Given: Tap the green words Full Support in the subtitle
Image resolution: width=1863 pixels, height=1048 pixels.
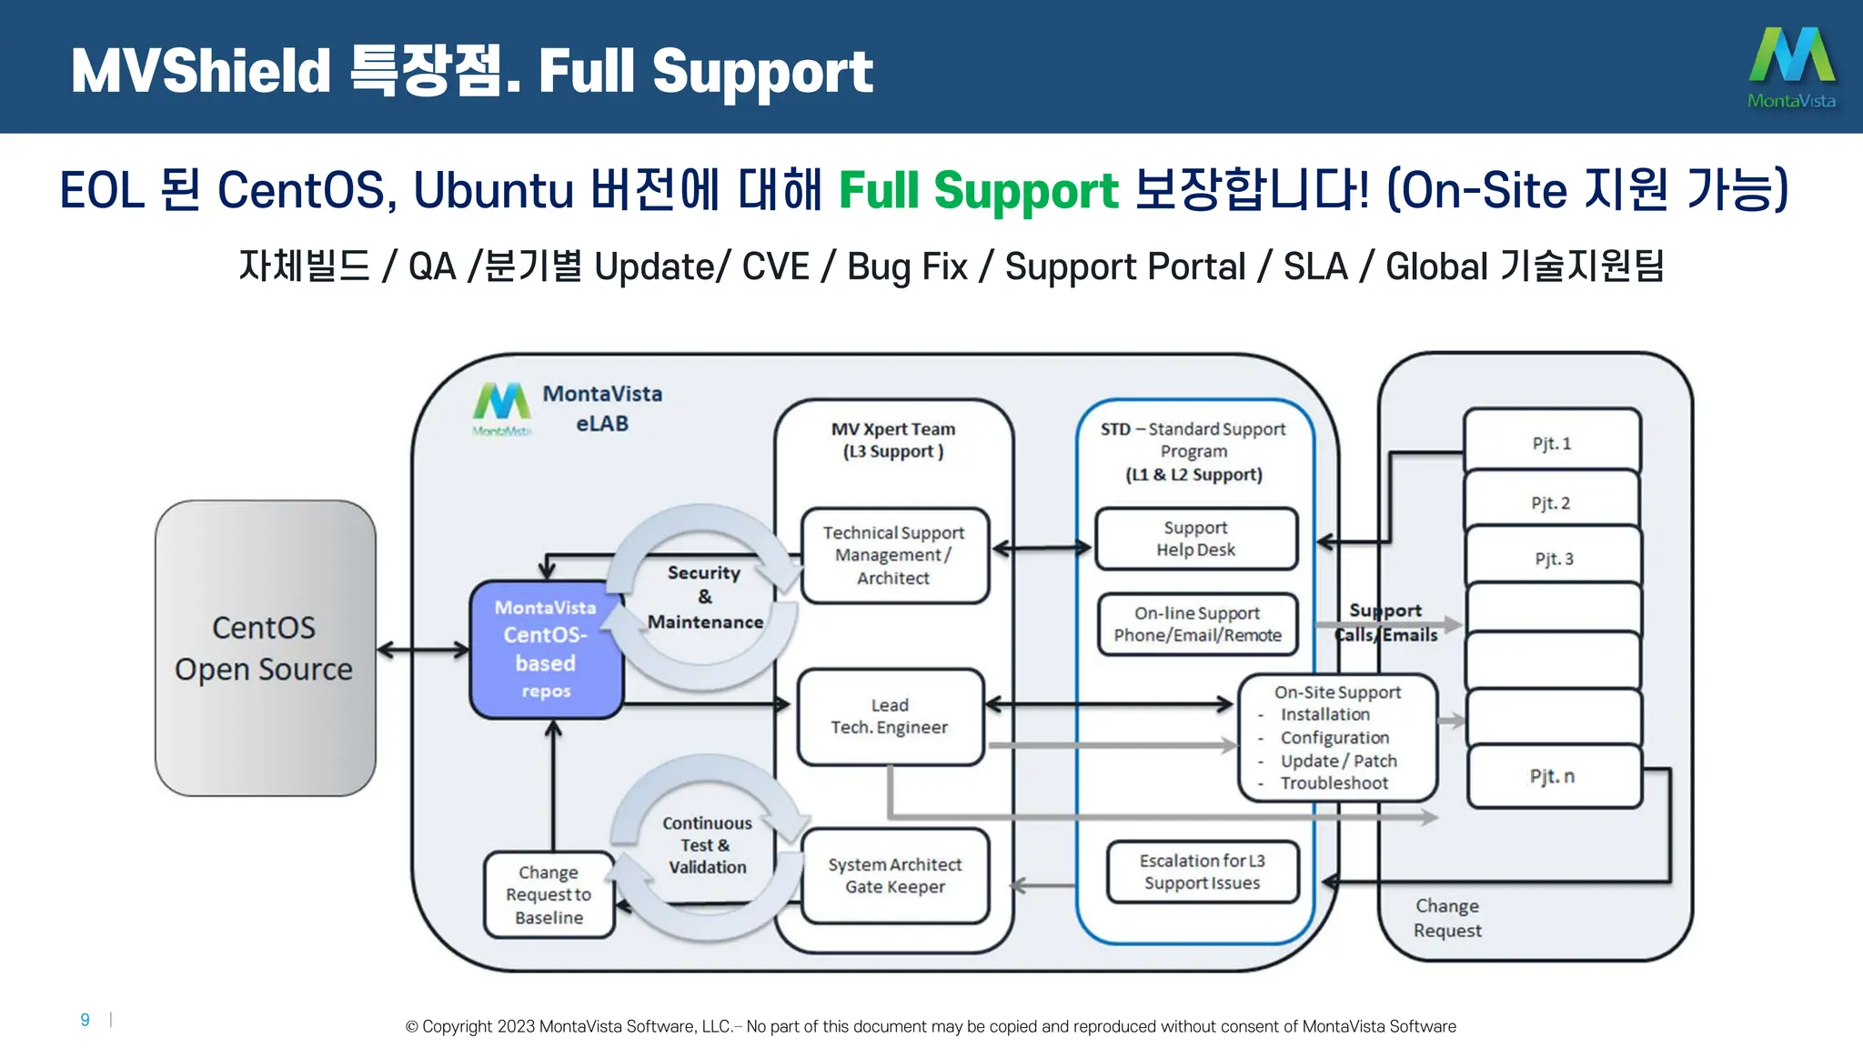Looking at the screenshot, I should click(978, 191).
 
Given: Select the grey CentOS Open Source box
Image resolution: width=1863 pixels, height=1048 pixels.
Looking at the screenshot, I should click(265, 648).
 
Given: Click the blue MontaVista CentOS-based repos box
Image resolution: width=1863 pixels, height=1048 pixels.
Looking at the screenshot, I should click(546, 649).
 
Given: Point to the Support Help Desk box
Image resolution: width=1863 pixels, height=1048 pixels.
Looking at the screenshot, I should click(1196, 539).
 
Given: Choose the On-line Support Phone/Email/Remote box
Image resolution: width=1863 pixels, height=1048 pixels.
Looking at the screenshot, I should click(1197, 624).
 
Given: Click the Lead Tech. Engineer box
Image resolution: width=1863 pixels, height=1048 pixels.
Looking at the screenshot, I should click(890, 717).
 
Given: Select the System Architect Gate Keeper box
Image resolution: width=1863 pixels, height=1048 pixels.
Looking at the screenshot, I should click(895, 875).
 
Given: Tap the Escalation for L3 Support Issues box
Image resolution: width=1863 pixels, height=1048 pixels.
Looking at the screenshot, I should click(1202, 872).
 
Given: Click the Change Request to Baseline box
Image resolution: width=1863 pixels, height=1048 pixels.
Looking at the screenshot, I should click(549, 895).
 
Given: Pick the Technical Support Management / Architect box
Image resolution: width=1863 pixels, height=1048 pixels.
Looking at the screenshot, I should click(894, 555).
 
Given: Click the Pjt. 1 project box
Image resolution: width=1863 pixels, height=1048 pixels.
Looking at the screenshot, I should click(1551, 443).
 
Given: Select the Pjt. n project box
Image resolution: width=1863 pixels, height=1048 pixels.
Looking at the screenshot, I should click(1553, 776).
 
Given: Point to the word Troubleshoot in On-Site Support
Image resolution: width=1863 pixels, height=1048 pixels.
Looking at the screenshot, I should click(1334, 783).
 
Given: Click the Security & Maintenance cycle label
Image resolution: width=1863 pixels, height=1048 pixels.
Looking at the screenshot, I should click(705, 598).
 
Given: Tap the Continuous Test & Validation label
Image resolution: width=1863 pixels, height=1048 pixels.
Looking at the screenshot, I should click(707, 845).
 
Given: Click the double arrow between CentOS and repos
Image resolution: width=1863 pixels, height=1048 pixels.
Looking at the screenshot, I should click(423, 650).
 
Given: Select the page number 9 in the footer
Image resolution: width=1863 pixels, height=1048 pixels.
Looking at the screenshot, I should click(85, 1020).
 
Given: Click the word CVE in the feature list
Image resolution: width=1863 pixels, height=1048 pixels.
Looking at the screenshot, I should click(775, 267).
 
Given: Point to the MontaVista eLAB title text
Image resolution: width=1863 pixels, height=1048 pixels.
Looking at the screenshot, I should click(602, 408).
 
